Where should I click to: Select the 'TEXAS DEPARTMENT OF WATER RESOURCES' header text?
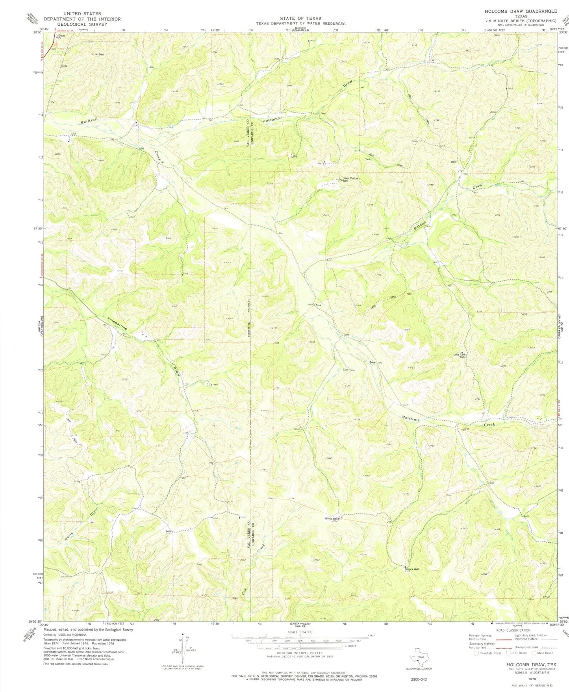[301, 24]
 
